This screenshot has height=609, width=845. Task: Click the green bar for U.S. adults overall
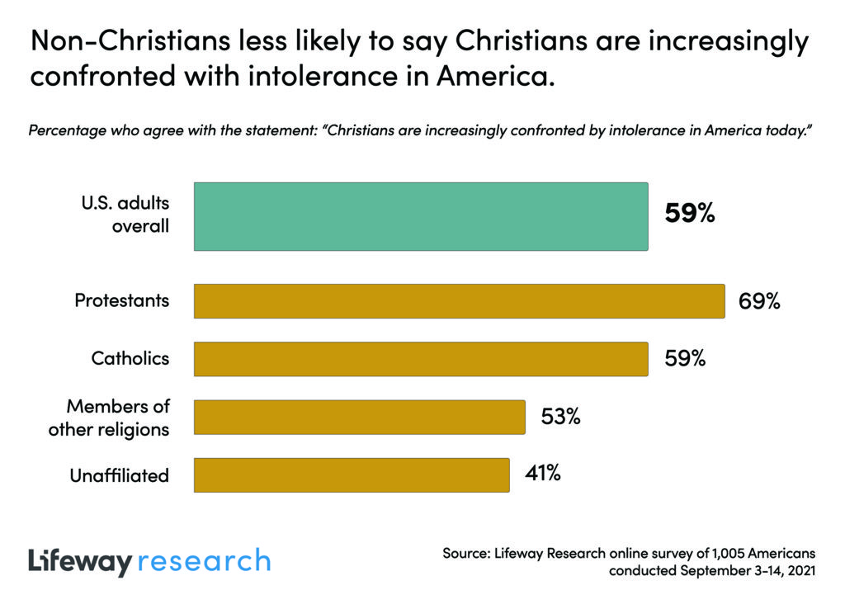[x=421, y=216]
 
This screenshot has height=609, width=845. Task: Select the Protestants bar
[x=459, y=301]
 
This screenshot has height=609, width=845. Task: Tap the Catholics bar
[x=421, y=359]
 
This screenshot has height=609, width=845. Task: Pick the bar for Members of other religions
[x=360, y=417]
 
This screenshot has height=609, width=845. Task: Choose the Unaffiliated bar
[x=352, y=474]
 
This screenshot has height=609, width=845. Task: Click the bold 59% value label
[x=689, y=215]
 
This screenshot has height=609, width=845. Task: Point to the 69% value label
[x=758, y=301]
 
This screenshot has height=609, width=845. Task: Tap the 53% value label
[x=561, y=417]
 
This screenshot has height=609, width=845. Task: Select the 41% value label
[x=543, y=474]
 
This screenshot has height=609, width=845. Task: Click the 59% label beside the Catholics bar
[x=685, y=359]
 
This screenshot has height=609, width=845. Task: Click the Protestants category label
[x=122, y=300]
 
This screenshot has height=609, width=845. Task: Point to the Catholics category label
[x=130, y=359]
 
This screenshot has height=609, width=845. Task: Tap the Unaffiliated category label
[x=120, y=475]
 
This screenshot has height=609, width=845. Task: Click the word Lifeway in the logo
[x=79, y=562]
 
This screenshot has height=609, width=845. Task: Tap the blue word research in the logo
[x=204, y=561]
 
